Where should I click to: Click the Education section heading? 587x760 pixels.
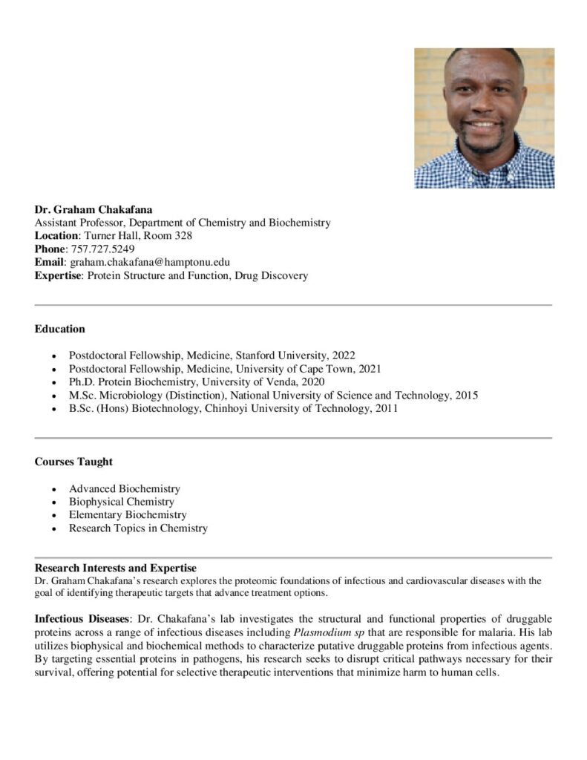[x=60, y=329]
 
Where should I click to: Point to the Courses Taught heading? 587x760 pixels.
[x=73, y=462]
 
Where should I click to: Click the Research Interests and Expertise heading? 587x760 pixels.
[x=115, y=568]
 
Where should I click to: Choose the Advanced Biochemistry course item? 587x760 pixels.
[x=125, y=488]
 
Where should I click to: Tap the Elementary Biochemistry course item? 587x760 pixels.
[x=128, y=515]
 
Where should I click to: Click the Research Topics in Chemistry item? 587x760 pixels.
[x=138, y=528]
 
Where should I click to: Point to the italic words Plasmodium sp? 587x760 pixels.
[x=327, y=632]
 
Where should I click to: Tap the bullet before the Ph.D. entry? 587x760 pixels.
[x=55, y=382]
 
